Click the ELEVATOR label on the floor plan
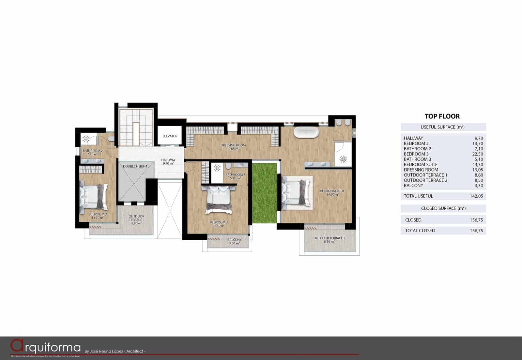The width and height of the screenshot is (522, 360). click(170, 136)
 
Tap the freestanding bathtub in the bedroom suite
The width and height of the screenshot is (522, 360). click(306, 132)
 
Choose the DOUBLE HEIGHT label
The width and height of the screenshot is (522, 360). click(135, 166)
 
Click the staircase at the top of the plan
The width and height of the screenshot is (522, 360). click(136, 127)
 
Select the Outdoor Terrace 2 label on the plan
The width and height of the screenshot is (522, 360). click(329, 238)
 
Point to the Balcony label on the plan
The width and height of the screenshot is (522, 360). click(235, 240)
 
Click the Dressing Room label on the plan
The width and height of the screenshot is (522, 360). click(233, 145)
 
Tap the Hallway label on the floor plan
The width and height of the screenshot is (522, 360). click(168, 160)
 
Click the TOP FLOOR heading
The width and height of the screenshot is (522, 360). click(442, 116)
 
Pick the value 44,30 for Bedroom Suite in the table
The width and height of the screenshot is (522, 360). click(477, 165)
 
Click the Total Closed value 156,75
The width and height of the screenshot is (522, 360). click(476, 231)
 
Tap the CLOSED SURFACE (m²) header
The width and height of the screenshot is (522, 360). click(443, 208)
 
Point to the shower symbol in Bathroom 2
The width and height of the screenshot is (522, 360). click(86, 139)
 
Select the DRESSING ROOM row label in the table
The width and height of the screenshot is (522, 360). click(421, 170)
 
